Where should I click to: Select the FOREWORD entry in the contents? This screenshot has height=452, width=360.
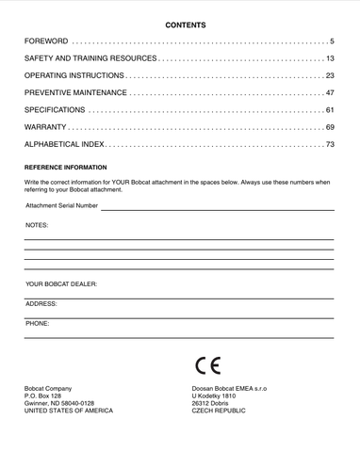pos(46,42)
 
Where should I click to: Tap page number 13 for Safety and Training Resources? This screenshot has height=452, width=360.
pos(330,59)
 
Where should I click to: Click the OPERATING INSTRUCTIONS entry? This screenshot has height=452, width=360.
pos(74,76)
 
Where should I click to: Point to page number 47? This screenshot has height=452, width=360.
pos(330,93)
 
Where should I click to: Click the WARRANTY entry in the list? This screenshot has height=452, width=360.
pos(45,127)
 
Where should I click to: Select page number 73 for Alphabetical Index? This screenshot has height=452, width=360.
pos(330,144)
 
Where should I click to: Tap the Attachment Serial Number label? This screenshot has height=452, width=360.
pos(61,204)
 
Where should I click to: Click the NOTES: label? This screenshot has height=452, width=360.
pos(37,226)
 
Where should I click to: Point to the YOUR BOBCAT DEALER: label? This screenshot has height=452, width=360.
pos(61,283)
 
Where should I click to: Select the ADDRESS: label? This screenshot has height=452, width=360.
pos(41,304)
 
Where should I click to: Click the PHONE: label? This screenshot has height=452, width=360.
pos(38,323)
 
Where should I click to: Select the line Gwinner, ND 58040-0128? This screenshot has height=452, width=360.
pos(59,404)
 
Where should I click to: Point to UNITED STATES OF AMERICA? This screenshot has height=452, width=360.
pos(68,412)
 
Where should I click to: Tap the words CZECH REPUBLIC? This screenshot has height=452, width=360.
pos(219,412)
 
